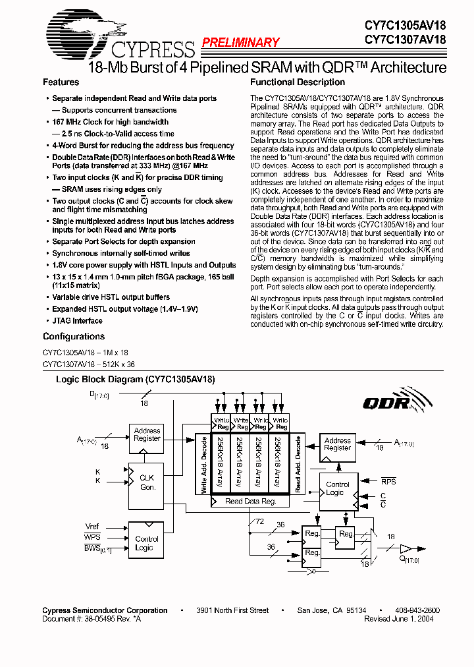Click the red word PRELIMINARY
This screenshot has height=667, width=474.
[240, 42]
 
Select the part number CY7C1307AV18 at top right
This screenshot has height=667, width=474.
[406, 40]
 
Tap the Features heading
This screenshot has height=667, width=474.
[61, 82]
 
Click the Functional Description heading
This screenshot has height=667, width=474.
[298, 82]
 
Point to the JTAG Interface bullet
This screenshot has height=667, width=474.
[77, 321]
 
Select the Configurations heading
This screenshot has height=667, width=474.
[73, 337]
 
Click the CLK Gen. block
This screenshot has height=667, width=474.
[147, 482]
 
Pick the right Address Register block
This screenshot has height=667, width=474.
[337, 444]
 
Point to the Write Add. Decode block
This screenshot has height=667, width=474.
[203, 465]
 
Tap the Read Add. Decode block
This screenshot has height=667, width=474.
[298, 465]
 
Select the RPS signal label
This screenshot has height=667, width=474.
[388, 481]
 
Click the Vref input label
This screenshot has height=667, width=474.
[92, 527]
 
